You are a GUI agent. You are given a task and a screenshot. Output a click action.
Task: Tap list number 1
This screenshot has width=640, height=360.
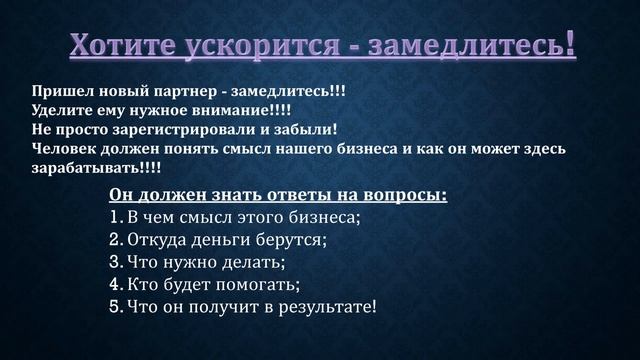coord(113,217)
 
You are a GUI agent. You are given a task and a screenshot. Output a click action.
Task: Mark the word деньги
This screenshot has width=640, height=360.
coord(230,240)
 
